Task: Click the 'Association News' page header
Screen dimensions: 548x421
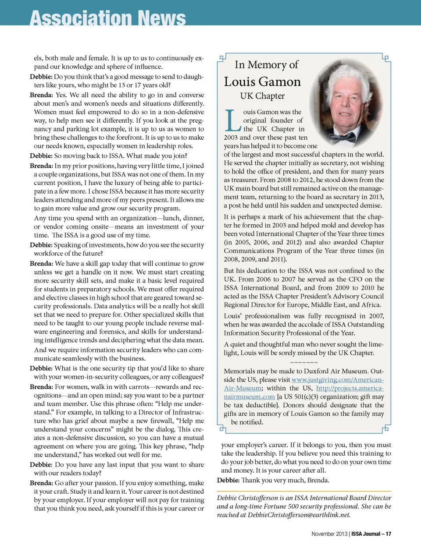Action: (x=108, y=18)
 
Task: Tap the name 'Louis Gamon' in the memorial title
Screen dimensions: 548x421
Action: (x=262, y=82)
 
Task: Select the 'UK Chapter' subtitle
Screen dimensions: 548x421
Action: (x=262, y=96)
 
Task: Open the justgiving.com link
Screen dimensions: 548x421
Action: (x=337, y=380)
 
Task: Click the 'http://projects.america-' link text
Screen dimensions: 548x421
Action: (x=350, y=388)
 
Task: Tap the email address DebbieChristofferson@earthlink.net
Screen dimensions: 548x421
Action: (x=299, y=515)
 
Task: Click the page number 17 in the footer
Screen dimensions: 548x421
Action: (x=388, y=534)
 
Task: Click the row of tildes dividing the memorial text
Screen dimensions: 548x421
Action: (x=304, y=363)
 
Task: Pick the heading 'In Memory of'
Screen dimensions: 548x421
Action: (x=266, y=65)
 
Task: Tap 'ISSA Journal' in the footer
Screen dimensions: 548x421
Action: (x=365, y=534)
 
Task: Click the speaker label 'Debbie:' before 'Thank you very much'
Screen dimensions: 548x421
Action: (x=228, y=480)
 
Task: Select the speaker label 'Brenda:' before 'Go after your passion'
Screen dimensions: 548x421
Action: (x=41, y=483)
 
